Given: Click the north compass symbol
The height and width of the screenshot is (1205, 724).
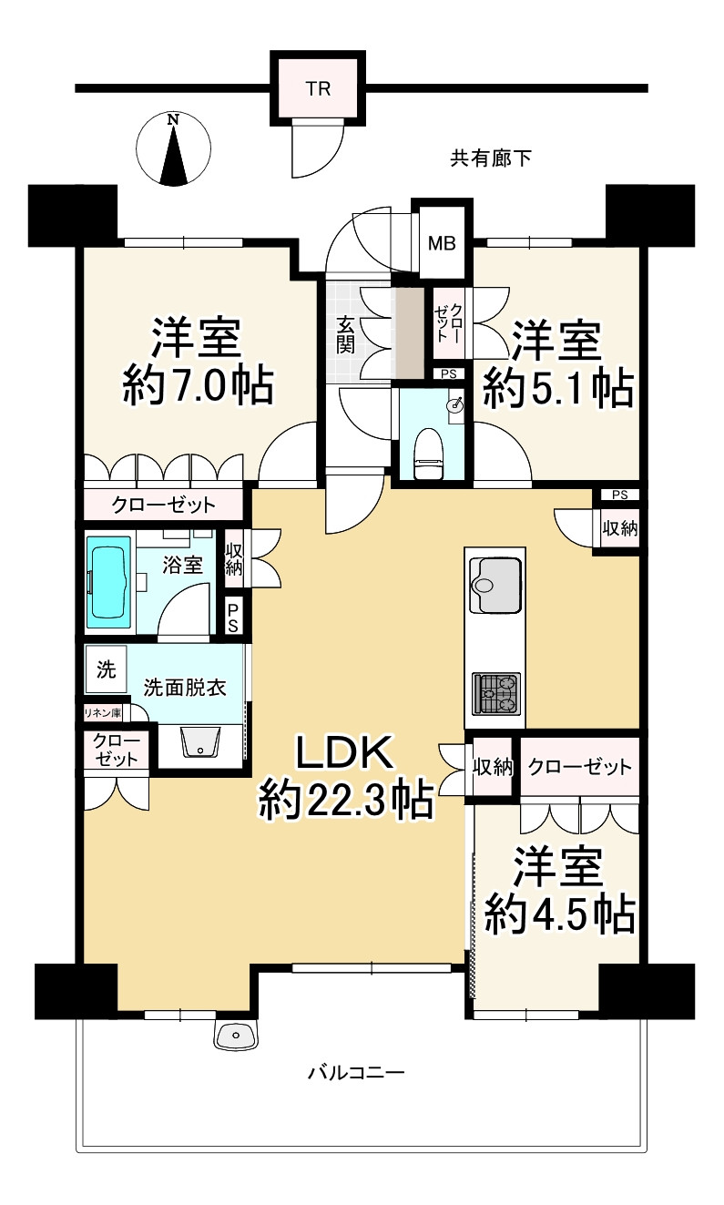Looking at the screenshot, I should click(x=173, y=150).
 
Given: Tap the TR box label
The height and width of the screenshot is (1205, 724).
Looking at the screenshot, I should click(x=318, y=89).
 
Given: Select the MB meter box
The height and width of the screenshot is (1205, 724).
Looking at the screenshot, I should click(x=443, y=244).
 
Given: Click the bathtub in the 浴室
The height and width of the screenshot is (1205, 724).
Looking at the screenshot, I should click(x=108, y=583).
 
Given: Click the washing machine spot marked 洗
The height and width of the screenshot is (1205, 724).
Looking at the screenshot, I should click(x=106, y=671).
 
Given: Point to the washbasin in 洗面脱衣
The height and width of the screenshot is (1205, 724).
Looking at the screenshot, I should click(x=199, y=742).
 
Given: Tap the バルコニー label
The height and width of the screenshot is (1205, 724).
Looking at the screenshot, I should click(x=355, y=1072).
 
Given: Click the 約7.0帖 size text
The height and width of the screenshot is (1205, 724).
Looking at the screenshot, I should click(x=198, y=386).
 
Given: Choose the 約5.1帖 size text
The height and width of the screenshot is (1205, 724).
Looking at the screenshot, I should click(x=557, y=390).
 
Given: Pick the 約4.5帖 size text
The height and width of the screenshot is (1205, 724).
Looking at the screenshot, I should click(x=558, y=914).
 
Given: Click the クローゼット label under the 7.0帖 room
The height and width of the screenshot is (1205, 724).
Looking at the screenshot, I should click(x=164, y=505).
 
